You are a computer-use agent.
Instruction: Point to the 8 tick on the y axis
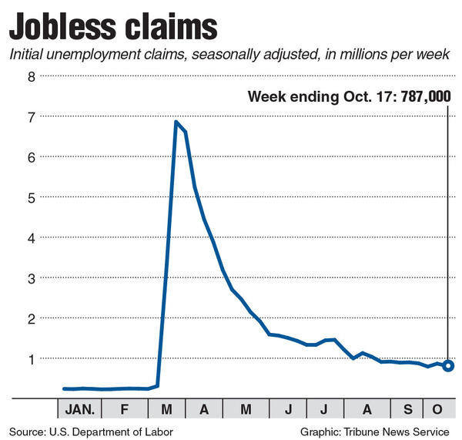click(31, 76)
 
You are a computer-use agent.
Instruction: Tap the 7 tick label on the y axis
click(31, 116)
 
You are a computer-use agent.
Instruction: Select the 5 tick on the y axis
click(31, 196)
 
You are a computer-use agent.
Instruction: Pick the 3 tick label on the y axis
click(31, 277)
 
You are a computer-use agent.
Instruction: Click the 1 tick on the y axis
click(31, 358)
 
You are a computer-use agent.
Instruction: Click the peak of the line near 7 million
click(176, 122)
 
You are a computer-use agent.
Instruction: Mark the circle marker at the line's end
click(448, 365)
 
